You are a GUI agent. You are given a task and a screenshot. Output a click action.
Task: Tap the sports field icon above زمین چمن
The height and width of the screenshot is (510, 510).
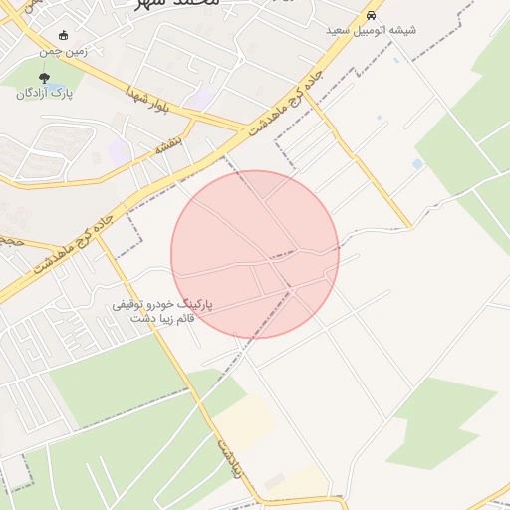coord(65,35)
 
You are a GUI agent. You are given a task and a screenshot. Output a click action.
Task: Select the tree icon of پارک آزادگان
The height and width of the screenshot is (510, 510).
coord(45,77)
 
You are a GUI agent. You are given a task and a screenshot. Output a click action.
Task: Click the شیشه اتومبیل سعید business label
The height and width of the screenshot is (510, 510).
coord(371,31)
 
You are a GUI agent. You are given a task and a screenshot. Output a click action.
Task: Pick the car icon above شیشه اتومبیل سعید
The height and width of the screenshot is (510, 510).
coord(371,16)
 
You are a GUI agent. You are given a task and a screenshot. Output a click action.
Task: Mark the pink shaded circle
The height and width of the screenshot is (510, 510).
coord(255,254)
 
